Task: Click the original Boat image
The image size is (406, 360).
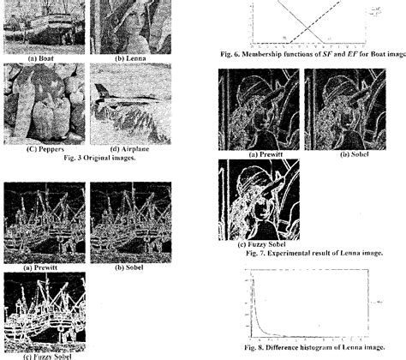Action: (44, 25)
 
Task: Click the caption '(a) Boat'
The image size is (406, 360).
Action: (43, 57)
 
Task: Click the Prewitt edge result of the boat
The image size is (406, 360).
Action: (43, 221)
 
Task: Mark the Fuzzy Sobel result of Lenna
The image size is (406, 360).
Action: (259, 199)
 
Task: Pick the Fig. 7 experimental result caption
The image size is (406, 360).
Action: (313, 254)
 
